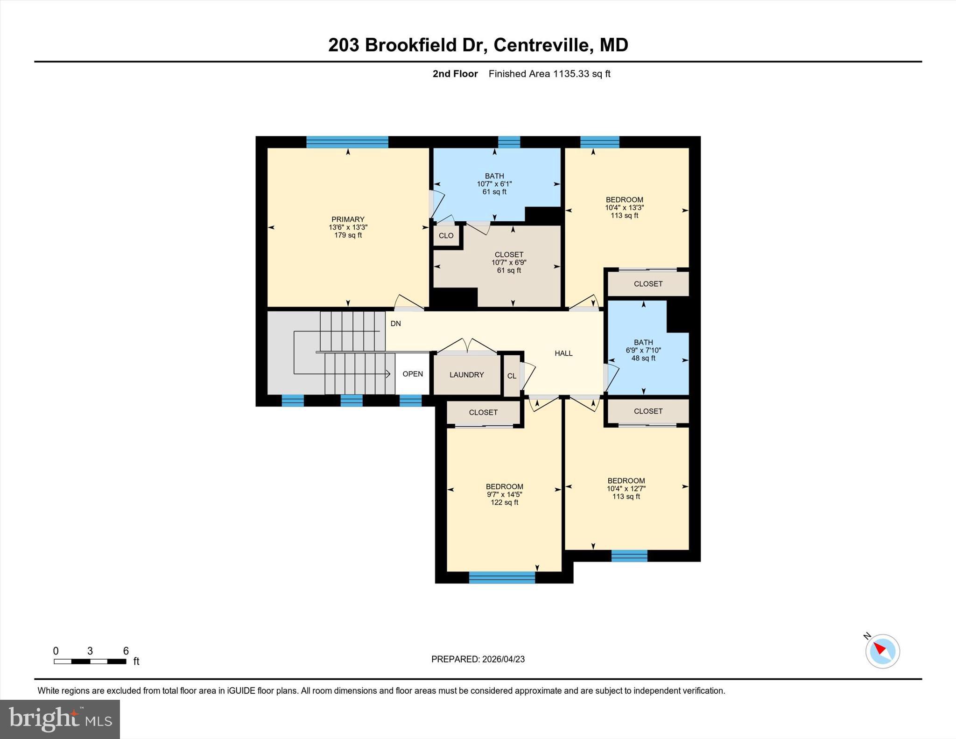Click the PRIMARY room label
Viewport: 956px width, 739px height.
click(x=348, y=219)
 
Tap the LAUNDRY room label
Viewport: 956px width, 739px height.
click(x=466, y=375)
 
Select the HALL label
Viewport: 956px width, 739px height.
click(x=563, y=353)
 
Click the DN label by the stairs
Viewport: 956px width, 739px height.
click(x=395, y=324)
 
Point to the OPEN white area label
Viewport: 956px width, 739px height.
click(x=413, y=374)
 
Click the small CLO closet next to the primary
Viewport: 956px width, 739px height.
click(x=446, y=236)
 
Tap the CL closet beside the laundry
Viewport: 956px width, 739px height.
click(x=512, y=376)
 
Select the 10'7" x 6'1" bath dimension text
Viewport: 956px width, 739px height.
click(x=494, y=184)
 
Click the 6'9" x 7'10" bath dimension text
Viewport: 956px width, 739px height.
click(x=643, y=350)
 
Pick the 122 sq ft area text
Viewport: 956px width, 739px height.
click(x=504, y=502)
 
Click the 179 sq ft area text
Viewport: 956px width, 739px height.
click(x=348, y=235)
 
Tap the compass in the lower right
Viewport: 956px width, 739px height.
click(x=882, y=651)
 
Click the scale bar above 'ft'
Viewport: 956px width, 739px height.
click(x=90, y=661)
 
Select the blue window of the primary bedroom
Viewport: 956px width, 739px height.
click(x=347, y=142)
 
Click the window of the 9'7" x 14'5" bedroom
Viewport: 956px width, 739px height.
click(x=502, y=577)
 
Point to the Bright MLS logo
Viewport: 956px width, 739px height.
click(x=60, y=719)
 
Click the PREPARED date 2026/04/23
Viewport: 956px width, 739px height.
click(x=503, y=659)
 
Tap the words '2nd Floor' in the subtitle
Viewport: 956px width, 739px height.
click(x=455, y=74)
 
